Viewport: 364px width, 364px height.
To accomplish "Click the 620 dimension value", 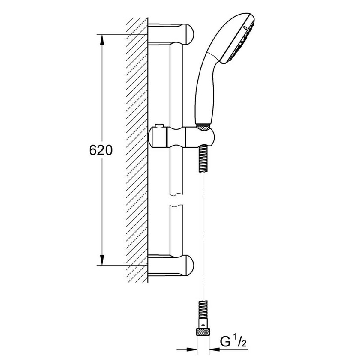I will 101,150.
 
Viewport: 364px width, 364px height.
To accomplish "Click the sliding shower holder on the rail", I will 182,137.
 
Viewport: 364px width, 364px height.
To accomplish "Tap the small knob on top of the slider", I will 159,127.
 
